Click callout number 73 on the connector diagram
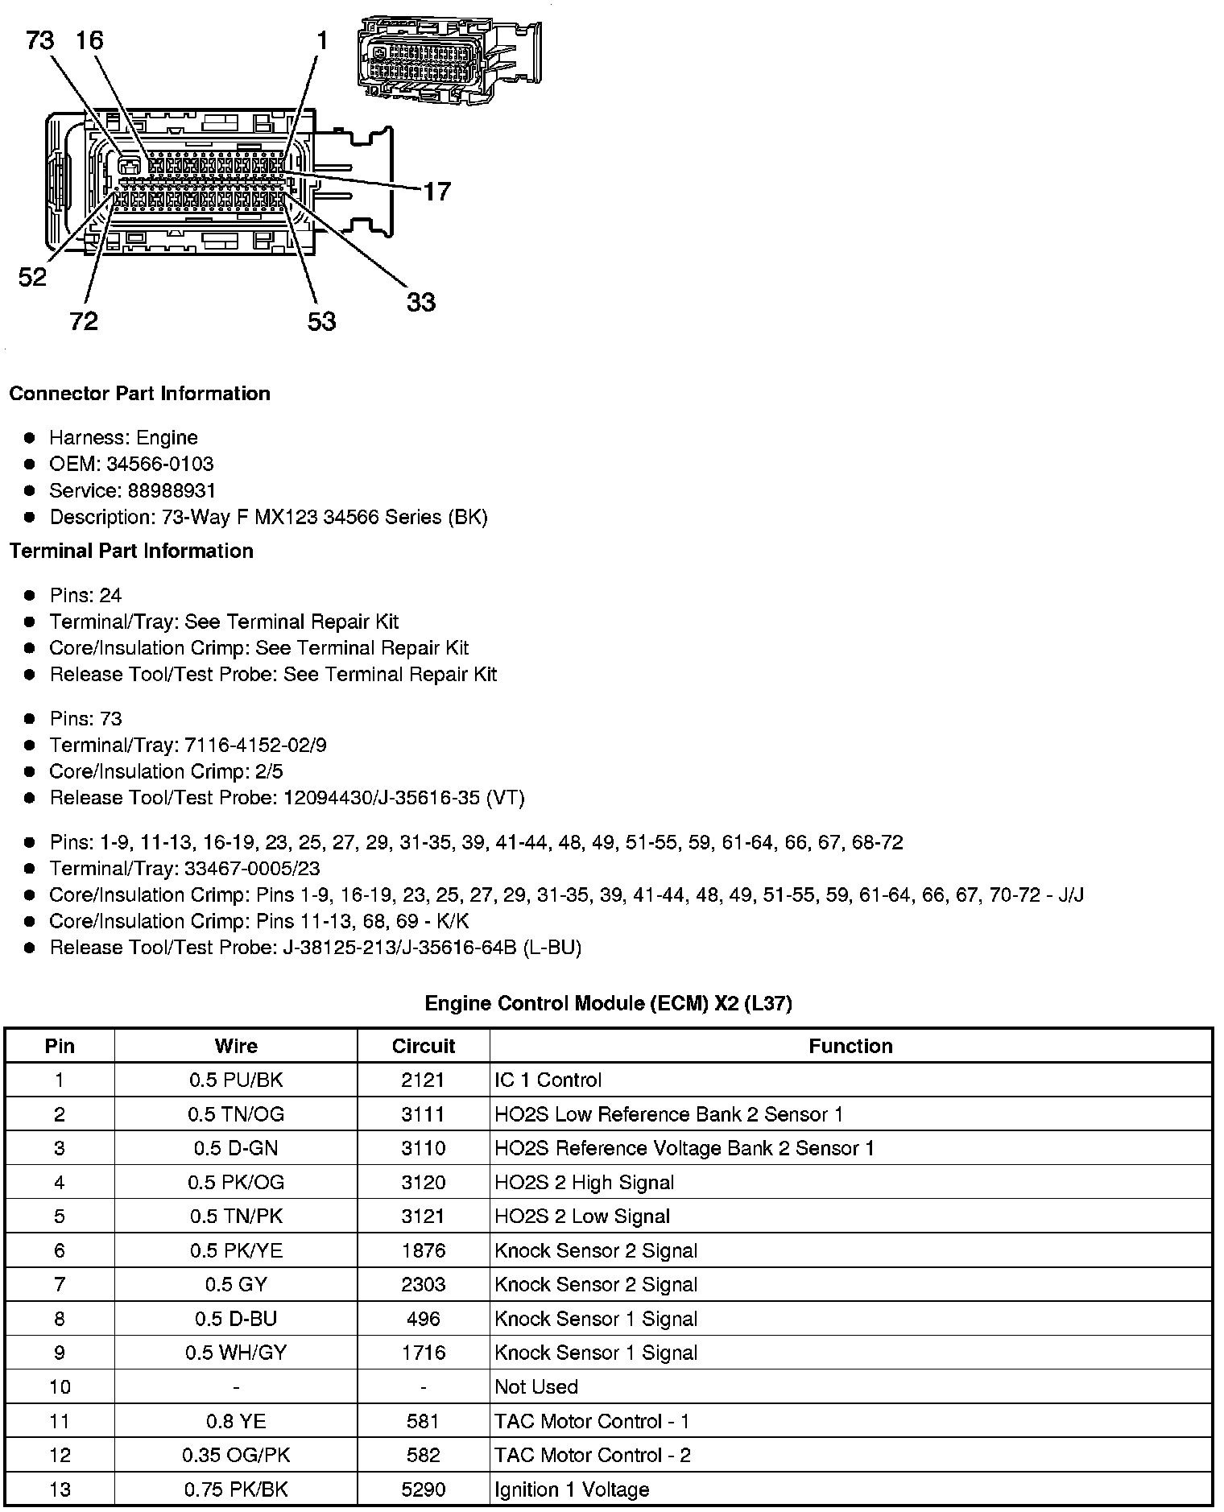pyautogui.click(x=39, y=39)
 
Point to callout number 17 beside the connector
pyautogui.click(x=437, y=192)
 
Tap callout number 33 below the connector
pyautogui.click(x=420, y=303)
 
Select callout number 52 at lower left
pyautogui.click(x=32, y=278)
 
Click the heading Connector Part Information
pyautogui.click(x=139, y=394)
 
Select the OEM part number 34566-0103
pyautogui.click(x=159, y=464)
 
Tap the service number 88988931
pyautogui.click(x=172, y=490)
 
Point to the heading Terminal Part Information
pyautogui.click(x=131, y=551)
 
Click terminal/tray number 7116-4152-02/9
pyautogui.click(x=256, y=745)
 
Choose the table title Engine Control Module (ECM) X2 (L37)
pyautogui.click(x=608, y=1003)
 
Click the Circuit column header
pyautogui.click(x=424, y=1046)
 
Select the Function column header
pyautogui.click(x=850, y=1046)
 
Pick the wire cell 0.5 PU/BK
pyautogui.click(x=236, y=1080)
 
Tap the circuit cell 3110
pyautogui.click(x=424, y=1148)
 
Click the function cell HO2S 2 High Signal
pyautogui.click(x=585, y=1182)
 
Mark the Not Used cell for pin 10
pyautogui.click(x=536, y=1386)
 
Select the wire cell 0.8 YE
pyautogui.click(x=236, y=1421)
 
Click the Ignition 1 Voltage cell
pyautogui.click(x=572, y=1489)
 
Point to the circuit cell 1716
pyautogui.click(x=424, y=1353)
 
